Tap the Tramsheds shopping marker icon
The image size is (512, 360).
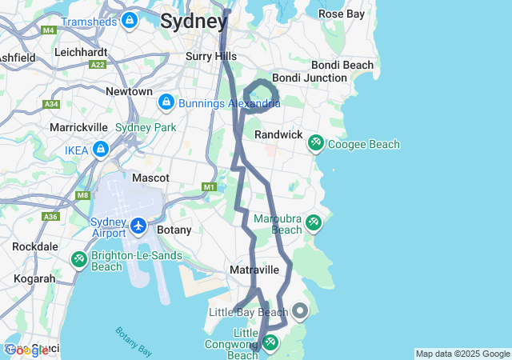point(130,19)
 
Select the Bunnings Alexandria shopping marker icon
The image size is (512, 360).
point(166,102)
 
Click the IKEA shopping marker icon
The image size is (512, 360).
point(101,150)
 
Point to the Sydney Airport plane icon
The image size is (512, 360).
point(138,226)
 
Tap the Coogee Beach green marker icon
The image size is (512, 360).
point(316,142)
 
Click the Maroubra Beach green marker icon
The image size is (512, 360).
point(314,222)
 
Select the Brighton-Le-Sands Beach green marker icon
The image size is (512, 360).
point(79,258)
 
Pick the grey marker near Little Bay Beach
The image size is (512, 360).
point(300,310)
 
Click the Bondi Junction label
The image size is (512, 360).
point(310,78)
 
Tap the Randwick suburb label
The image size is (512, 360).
point(278,135)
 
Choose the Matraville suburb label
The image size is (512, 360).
point(254,270)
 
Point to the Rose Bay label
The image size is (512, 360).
point(342,14)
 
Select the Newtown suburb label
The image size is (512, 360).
point(129,91)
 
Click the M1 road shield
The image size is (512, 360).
point(210,187)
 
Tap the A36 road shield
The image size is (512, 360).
point(51,217)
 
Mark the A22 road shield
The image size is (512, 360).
point(98,65)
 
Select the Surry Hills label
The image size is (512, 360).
point(211,56)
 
